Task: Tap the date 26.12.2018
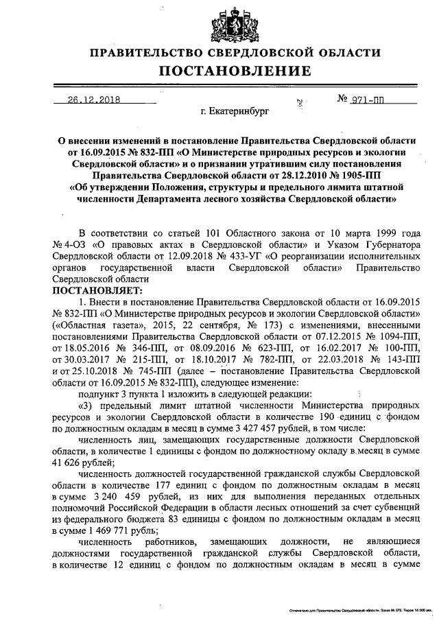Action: coord(93,99)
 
